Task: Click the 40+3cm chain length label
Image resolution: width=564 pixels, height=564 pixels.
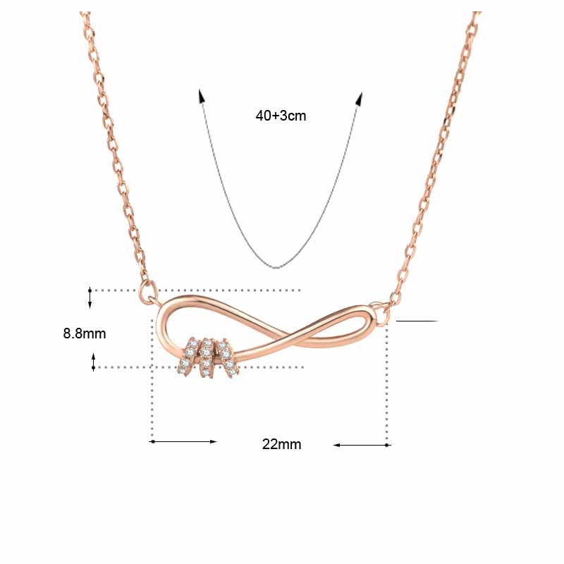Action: tap(281, 116)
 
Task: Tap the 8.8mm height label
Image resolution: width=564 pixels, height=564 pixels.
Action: tap(85, 333)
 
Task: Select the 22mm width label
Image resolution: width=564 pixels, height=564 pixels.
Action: tap(281, 444)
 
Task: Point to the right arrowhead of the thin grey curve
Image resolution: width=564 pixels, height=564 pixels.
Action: tap(360, 99)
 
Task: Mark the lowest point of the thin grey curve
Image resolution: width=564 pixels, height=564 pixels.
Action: tap(277, 266)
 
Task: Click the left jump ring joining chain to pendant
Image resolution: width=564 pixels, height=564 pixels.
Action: tap(148, 288)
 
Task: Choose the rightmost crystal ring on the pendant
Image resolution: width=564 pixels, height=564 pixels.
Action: tap(226, 356)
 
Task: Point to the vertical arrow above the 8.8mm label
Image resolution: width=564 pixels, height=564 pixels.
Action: tap(90, 297)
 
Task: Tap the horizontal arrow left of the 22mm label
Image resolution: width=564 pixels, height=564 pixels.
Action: tap(183, 441)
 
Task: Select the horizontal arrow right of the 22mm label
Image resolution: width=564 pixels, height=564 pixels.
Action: tap(361, 445)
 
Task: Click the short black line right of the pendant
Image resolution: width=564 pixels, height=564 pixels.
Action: tap(417, 321)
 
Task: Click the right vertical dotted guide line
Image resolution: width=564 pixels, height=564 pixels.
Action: tap(386, 388)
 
